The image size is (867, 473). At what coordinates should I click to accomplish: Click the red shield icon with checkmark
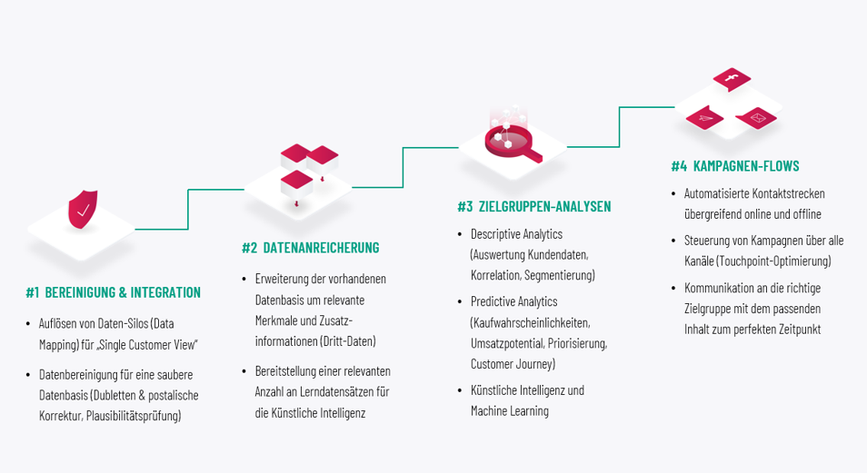[x=83, y=211]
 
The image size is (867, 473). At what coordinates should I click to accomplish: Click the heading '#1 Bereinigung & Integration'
[x=113, y=292]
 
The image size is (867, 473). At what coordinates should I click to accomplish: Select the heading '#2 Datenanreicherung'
[x=310, y=248]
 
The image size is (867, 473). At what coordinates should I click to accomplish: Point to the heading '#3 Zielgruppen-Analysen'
[x=533, y=207]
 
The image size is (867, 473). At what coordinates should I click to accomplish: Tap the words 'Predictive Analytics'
[x=513, y=301]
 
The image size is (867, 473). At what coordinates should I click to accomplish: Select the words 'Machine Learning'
[x=509, y=411]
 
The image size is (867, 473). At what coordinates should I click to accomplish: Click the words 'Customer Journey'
[x=512, y=364]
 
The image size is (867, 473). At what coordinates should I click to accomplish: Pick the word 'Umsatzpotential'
[x=507, y=344]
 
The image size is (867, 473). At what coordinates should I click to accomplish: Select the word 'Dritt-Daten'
[x=348, y=341]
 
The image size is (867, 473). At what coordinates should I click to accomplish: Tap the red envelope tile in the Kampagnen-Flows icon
[x=754, y=117]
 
